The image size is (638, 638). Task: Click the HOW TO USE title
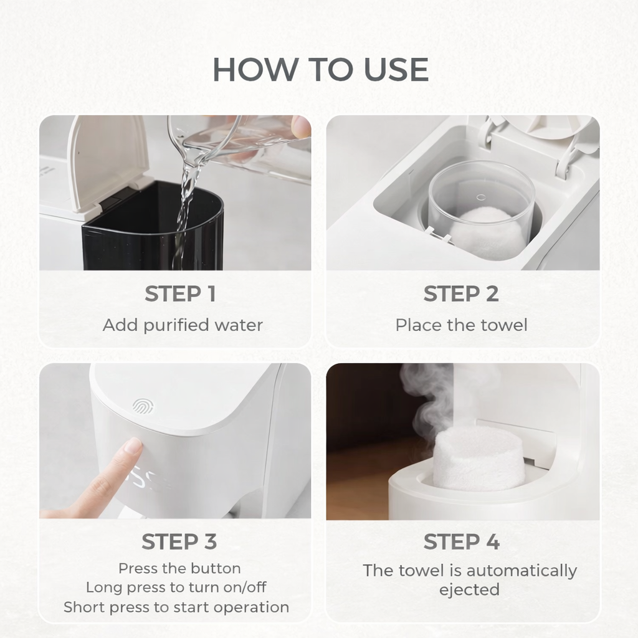pos(320,70)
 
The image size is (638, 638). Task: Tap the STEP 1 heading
pos(180,294)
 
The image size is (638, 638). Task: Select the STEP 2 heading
pos(461,294)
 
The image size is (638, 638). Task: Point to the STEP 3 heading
pos(179,542)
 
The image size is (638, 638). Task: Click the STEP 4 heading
pos(461,542)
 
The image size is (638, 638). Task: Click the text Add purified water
pos(183,325)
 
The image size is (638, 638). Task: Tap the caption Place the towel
pos(461,325)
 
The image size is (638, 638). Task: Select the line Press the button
pos(179,568)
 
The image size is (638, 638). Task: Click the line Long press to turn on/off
pos(176,588)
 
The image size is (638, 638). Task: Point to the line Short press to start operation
pos(176,607)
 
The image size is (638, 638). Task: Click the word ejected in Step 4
pos(469,590)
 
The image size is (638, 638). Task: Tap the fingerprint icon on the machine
pos(141,406)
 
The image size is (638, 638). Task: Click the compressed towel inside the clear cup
pos(487,232)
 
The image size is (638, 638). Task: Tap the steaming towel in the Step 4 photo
pos(478,458)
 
